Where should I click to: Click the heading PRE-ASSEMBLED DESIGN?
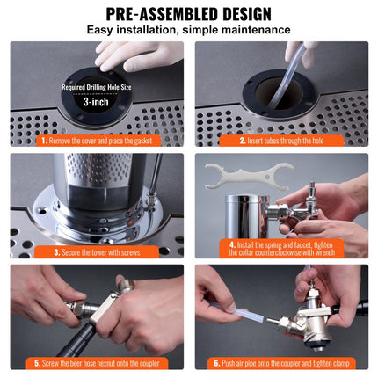(188, 13)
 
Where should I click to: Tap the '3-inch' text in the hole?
(98, 102)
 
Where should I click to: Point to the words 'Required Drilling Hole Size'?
(98, 87)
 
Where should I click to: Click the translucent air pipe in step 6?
(237, 309)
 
